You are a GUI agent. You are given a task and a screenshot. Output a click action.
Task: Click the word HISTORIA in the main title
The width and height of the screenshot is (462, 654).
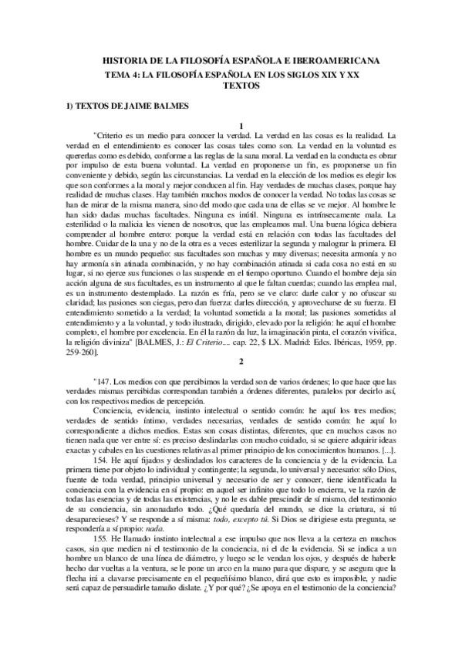coord(126,60)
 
